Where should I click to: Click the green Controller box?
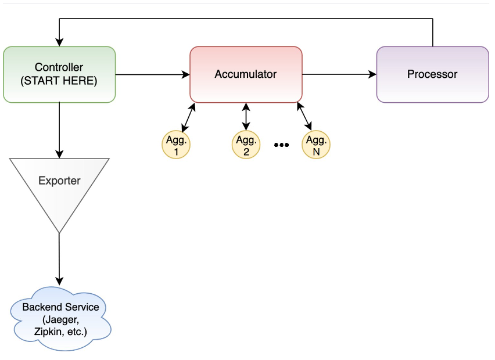click(59, 74)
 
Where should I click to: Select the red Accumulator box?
click(246, 74)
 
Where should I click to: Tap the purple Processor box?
click(432, 74)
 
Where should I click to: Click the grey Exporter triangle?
click(59, 186)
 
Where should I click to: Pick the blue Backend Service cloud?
click(60, 319)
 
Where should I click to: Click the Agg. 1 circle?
click(176, 145)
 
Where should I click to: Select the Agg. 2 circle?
click(246, 145)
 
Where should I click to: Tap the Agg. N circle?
click(316, 145)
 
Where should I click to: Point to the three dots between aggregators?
click(281, 145)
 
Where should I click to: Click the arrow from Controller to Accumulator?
click(152, 74)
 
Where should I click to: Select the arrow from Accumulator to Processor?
click(339, 74)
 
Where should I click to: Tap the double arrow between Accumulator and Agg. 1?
click(188, 118)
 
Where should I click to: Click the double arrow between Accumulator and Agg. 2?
click(246, 117)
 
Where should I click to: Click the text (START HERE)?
click(59, 81)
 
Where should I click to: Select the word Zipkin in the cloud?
click(48, 332)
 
